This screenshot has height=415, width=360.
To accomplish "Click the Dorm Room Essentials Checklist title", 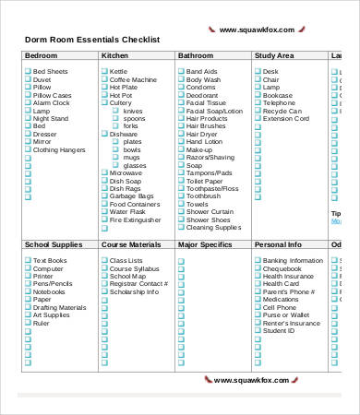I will pos(91,40).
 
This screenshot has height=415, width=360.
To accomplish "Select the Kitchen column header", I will pos(114,56).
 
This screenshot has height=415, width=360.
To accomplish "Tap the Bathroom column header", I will pos(196,56).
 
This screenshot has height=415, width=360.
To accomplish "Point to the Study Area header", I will pos(275,56).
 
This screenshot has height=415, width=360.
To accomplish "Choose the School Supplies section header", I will pos(54,245).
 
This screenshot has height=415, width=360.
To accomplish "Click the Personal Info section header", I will pos(278,245).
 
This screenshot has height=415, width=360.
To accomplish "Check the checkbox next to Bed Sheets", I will pos(27,71).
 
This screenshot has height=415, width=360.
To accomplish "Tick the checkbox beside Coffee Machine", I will pos(104,79).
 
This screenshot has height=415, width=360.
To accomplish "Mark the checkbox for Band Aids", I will pos(180,71).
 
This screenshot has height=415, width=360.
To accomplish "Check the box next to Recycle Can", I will pos(257,111).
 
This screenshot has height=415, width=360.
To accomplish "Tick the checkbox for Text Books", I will pos(27,261).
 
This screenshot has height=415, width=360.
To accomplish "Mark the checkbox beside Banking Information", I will pos(257,261).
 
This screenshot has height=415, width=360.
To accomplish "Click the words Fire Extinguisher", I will pos(136,220).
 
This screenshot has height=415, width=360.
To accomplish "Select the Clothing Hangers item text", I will pos(59,149).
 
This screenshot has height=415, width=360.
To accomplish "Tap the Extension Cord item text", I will pos(285,119).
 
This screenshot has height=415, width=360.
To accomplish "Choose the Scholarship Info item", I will pos(135,292).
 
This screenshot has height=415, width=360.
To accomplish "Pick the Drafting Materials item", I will pos(60,308).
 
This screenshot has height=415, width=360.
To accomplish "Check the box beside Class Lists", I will pos(104,261).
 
